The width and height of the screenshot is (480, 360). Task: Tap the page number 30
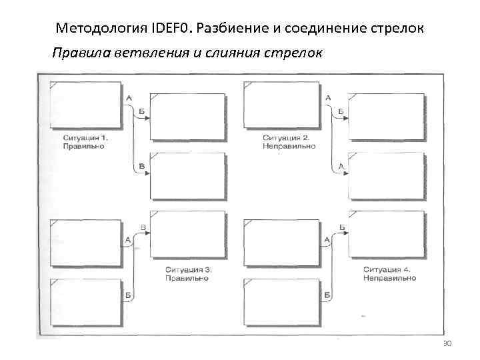click(x=447, y=343)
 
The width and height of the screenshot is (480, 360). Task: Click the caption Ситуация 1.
click(x=85, y=137)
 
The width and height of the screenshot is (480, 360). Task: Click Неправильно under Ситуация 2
click(x=288, y=145)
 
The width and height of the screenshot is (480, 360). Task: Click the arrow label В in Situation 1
click(x=141, y=166)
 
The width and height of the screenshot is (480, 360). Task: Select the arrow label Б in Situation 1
click(x=141, y=110)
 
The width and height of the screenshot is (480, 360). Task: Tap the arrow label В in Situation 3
click(x=143, y=228)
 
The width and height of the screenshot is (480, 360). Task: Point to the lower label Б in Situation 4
click(x=327, y=294)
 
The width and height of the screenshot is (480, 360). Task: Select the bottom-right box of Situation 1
click(x=187, y=177)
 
